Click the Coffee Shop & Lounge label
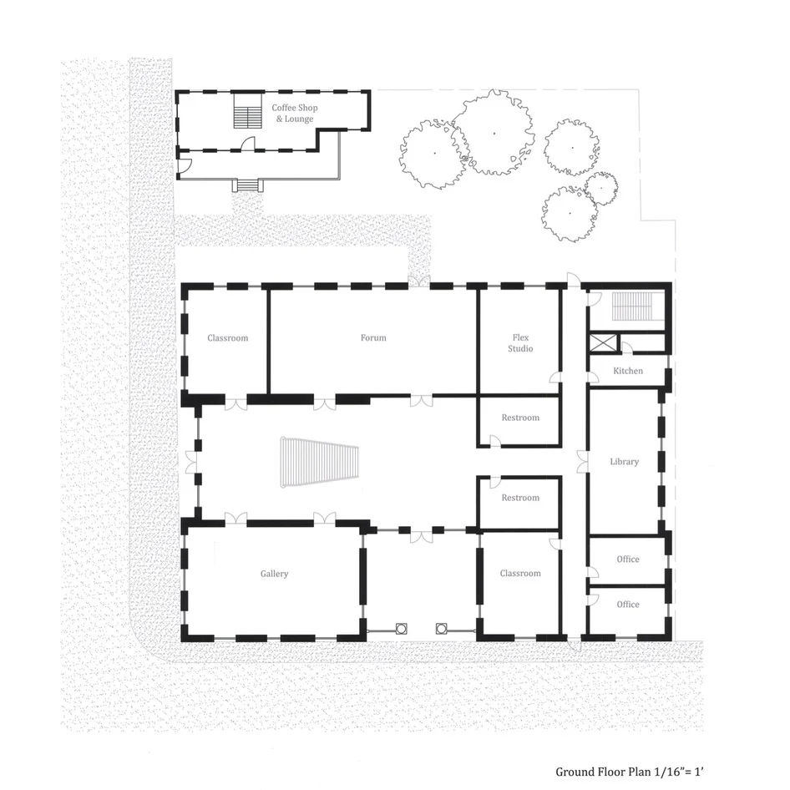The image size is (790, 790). pyautogui.click(x=295, y=114)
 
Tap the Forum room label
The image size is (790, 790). pyautogui.click(x=373, y=337)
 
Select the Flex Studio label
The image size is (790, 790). pyautogui.click(x=520, y=343)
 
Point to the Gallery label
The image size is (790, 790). pyautogui.click(x=274, y=574)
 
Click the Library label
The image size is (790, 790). pyautogui.click(x=625, y=462)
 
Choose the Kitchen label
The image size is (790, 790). pyautogui.click(x=628, y=371)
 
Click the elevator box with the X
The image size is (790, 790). pyautogui.click(x=603, y=343)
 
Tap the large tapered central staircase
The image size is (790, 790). pyautogui.click(x=320, y=462)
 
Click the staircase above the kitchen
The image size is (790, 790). pyautogui.click(x=632, y=306)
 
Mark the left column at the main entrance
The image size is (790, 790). pyautogui.click(x=401, y=628)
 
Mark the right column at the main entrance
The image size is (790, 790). pyautogui.click(x=442, y=628)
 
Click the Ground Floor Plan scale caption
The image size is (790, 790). pyautogui.click(x=630, y=772)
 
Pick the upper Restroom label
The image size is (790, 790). pyautogui.click(x=520, y=418)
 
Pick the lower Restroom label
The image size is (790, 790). pyautogui.click(x=520, y=498)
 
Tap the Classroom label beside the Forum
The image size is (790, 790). pyautogui.click(x=228, y=338)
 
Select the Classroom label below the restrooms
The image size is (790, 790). pyautogui.click(x=520, y=574)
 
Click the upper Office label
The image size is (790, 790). pyautogui.click(x=628, y=560)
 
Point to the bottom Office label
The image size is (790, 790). pyautogui.click(x=628, y=605)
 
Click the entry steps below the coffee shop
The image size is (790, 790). pyautogui.click(x=248, y=185)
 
